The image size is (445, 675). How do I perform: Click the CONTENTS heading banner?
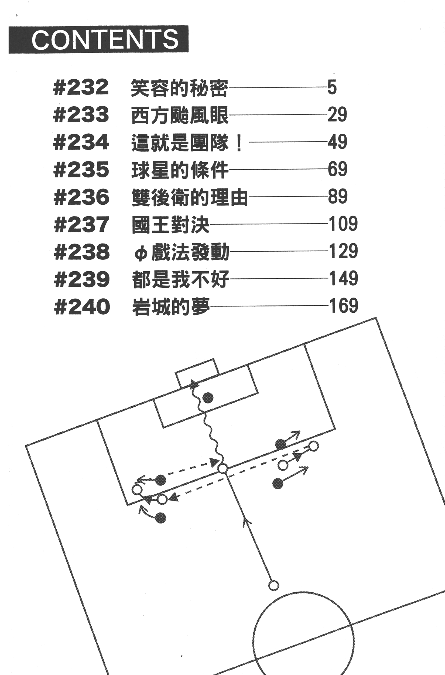[98, 39]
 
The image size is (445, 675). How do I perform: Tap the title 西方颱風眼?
[180, 115]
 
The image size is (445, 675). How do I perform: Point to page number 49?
[337, 141]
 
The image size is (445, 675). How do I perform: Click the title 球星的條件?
[180, 170]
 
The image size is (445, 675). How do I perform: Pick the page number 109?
[343, 224]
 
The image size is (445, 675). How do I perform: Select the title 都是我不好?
[180, 279]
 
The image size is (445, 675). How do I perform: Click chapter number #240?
[82, 306]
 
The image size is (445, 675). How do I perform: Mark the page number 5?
[332, 87]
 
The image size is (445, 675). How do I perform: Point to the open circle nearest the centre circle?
[273, 586]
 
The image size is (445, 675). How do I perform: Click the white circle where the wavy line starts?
[223, 468]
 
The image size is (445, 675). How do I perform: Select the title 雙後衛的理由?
[190, 197]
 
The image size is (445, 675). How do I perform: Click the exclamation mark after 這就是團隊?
[239, 143]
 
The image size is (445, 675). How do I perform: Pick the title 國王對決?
[170, 224]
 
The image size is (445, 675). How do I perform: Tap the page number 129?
[343, 251]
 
